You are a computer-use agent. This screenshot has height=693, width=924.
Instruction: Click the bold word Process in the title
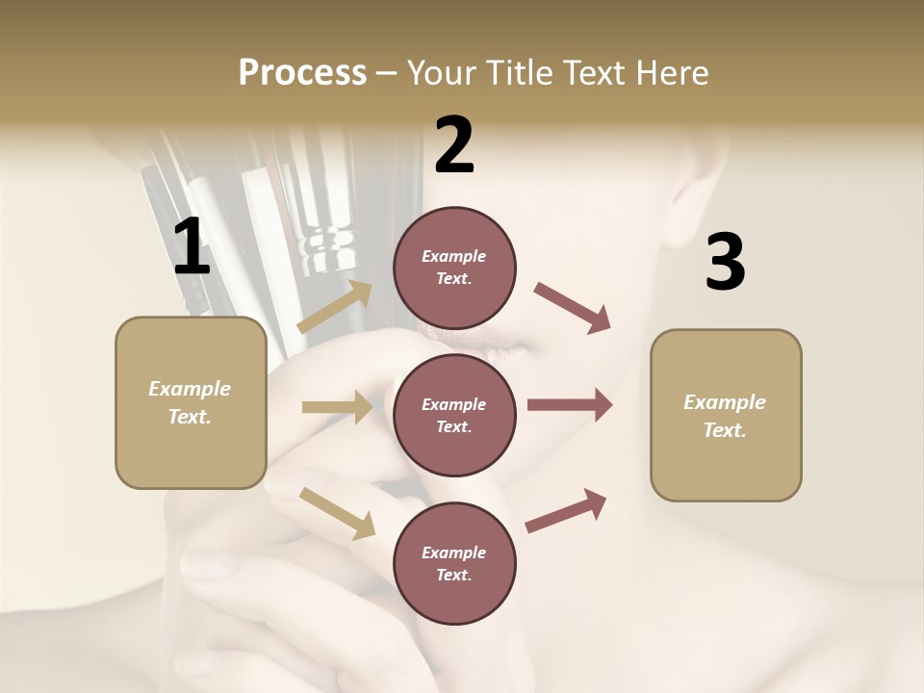pos(302,73)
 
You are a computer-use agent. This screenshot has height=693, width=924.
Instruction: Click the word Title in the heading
pos(520,73)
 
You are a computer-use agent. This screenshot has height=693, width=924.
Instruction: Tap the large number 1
pos(192,247)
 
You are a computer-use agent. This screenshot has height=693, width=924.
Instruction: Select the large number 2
pos(454,145)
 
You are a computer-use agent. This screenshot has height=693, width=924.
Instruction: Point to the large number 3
pos(725,262)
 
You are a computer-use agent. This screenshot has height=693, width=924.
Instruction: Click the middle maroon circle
pos(454,415)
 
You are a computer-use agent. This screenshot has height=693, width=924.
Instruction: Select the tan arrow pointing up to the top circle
pos(335,307)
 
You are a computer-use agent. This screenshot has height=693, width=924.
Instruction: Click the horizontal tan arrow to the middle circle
pos(337,407)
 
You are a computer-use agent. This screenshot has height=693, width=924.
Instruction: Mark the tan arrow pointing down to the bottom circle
pos(337,513)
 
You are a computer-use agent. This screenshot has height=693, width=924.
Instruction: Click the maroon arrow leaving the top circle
pos(572,308)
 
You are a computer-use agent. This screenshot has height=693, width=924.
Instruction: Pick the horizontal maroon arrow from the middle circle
pos(570,405)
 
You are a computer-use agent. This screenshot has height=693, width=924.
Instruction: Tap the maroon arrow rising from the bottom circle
pos(567,510)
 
